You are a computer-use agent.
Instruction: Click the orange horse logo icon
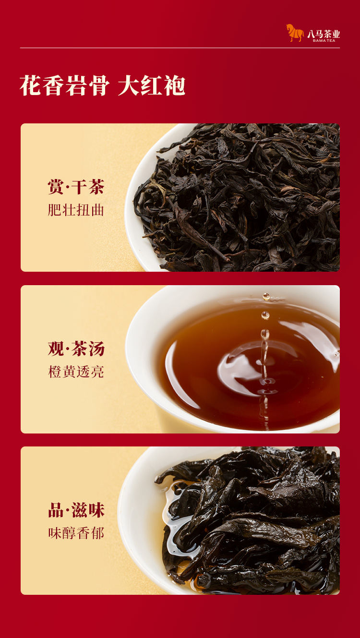click(295, 33)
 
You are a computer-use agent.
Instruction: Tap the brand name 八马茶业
click(324, 34)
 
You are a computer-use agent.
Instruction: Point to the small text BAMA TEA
click(324, 40)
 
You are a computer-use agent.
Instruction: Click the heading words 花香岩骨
click(65, 85)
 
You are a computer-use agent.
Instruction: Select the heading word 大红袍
click(152, 85)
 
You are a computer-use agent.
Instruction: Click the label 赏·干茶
click(76, 187)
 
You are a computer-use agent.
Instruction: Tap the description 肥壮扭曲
click(76, 210)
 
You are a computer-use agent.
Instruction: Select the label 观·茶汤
click(76, 348)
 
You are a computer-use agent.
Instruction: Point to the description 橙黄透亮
click(76, 372)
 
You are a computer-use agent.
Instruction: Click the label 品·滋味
click(76, 510)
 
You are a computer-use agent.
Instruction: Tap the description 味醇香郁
click(76, 533)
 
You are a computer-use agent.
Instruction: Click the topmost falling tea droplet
click(266, 297)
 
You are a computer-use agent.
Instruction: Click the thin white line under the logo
click(180, 48)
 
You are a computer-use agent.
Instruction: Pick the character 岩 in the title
click(76, 85)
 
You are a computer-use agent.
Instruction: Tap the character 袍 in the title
click(175, 85)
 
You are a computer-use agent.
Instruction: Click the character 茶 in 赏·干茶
click(96, 187)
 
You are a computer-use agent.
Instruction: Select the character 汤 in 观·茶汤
click(96, 348)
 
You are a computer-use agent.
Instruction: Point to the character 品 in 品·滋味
click(56, 510)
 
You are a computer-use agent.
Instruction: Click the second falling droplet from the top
click(265, 315)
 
